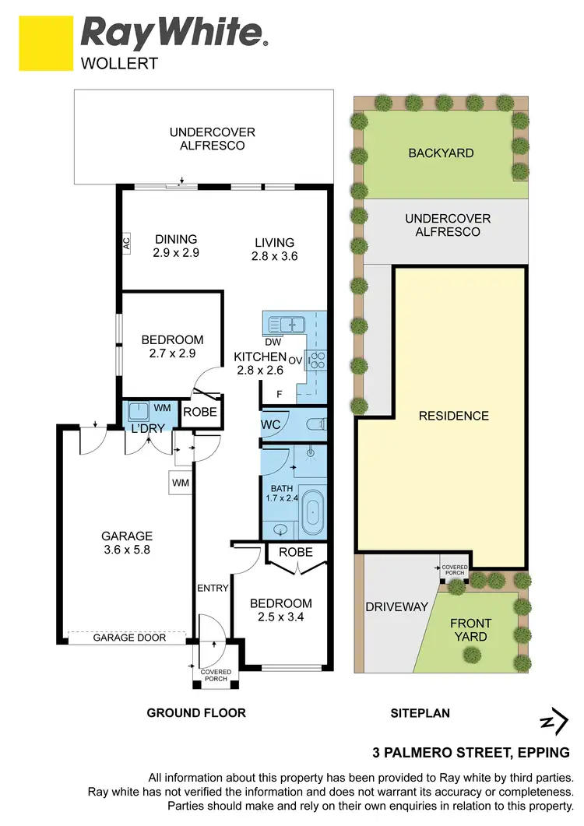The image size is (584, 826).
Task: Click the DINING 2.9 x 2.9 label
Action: coord(175,246)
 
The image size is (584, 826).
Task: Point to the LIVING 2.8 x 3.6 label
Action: coord(274,249)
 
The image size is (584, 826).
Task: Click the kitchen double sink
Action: coord(287,322)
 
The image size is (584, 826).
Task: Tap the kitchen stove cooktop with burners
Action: coord(318,360)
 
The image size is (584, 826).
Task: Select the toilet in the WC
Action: coord(316,424)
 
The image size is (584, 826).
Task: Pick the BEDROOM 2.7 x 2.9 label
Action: coord(172,346)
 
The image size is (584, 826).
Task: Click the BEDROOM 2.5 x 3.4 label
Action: coord(280,610)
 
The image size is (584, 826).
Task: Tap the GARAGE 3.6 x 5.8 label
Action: coord(126,543)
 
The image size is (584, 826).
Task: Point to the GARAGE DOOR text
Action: coord(129,638)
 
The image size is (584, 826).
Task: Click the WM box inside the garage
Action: coord(180,483)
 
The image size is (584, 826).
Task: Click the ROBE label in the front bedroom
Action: coord(295,553)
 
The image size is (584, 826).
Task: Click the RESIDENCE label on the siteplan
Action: coord(453,416)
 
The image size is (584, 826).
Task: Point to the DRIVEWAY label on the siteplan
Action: coord(397,607)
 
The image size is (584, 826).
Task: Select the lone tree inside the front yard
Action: coord(471,656)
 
